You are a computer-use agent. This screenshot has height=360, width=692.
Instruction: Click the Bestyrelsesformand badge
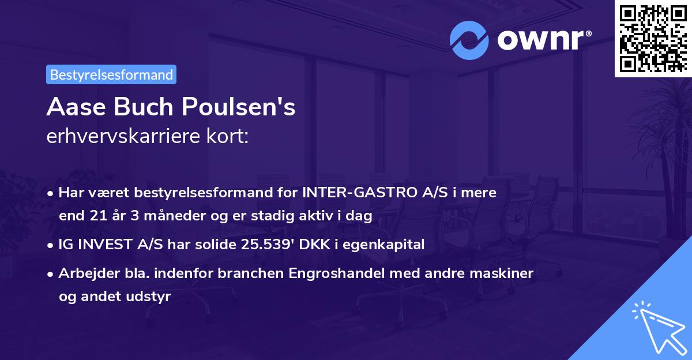click(111, 74)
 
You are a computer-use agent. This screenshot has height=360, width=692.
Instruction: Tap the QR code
click(653, 38)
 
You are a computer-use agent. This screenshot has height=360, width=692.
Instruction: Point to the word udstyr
click(151, 297)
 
